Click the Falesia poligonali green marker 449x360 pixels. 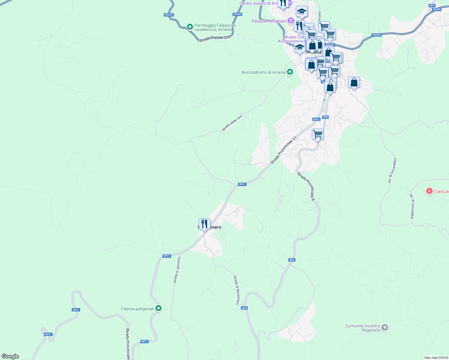click(158, 308)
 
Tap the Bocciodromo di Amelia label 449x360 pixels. click(263, 72)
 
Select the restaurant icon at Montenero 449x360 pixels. click(204, 224)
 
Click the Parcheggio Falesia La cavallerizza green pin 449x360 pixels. click(190, 27)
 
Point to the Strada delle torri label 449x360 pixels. click(232, 123)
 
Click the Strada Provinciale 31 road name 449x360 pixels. click(283, 150)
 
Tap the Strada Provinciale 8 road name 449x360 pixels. click(306, 186)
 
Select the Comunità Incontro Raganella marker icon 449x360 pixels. click(385, 328)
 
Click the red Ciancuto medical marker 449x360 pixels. click(429, 191)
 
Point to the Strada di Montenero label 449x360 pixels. click(237, 290)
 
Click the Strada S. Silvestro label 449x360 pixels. click(177, 270)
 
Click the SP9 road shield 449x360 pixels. click(432, 5)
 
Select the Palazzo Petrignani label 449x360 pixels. click(269, 21)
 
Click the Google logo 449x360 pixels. click(10, 356)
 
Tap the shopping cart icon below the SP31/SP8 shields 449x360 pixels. click(318, 134)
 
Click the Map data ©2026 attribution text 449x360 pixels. click(436, 358)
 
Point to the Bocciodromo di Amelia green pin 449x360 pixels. click(290, 72)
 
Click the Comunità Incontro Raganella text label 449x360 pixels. click(363, 328)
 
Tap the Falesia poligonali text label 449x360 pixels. click(137, 309)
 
